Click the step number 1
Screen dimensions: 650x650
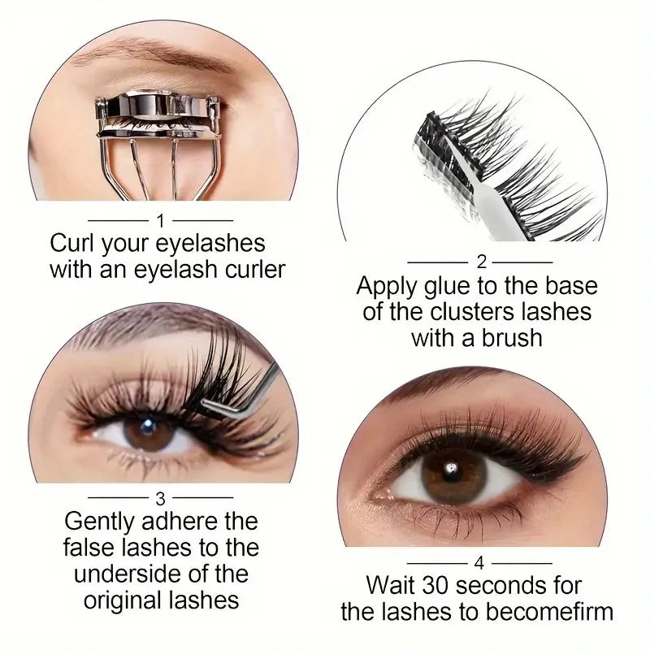(x=161, y=220)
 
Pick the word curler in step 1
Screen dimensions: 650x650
(x=249, y=269)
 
